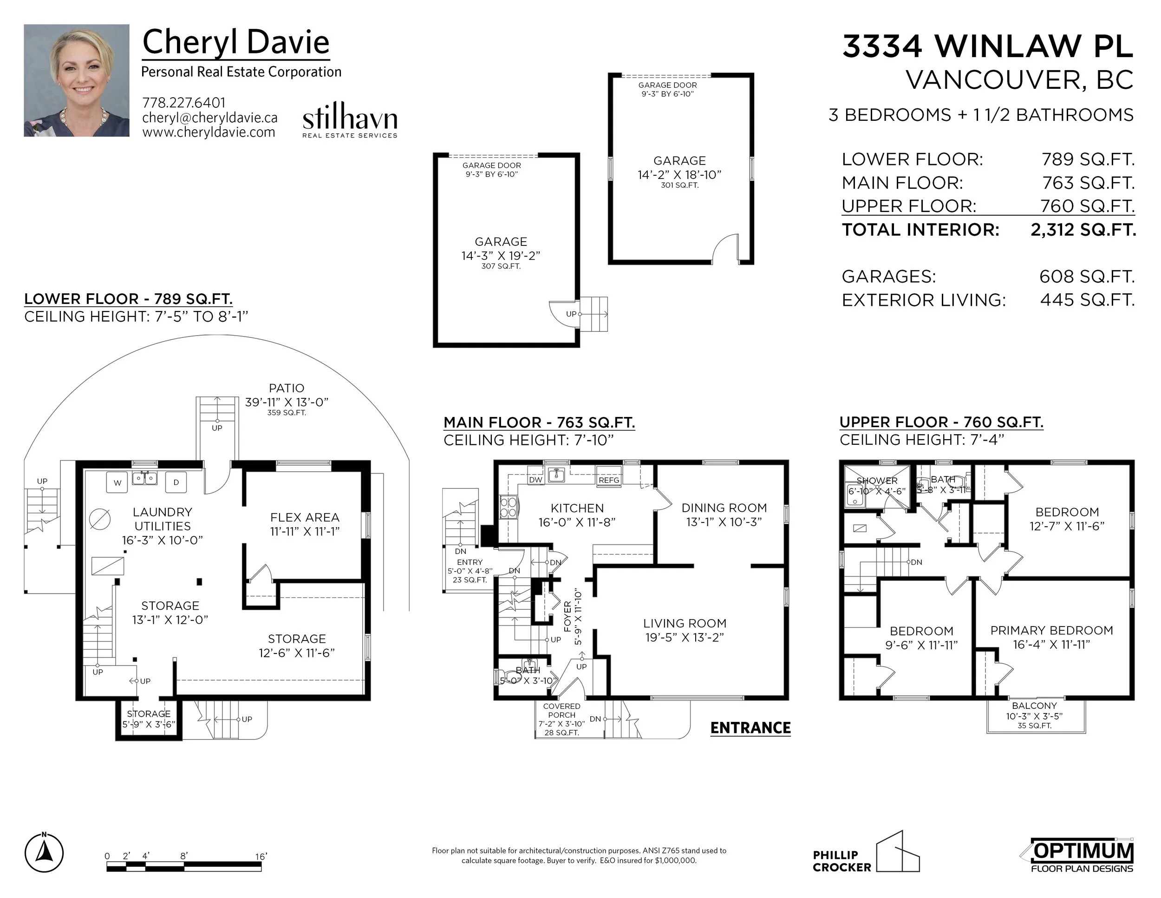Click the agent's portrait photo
(77, 80)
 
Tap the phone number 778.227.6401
(184, 103)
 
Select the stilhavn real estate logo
(350, 120)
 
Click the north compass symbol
(44, 853)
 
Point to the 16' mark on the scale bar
(261, 856)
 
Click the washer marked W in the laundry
(117, 482)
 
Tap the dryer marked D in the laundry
(176, 482)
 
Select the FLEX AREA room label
(305, 517)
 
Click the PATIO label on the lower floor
(287, 389)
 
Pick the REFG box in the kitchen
(609, 480)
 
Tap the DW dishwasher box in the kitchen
(536, 480)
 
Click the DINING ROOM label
(724, 508)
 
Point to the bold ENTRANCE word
(750, 727)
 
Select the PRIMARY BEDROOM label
(1051, 630)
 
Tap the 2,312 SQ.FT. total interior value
(1083, 230)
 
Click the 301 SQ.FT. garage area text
(679, 185)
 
